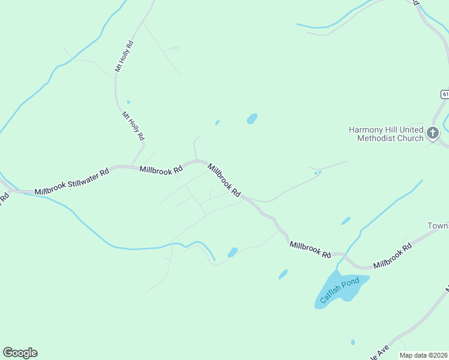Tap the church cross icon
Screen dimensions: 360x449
(433, 131)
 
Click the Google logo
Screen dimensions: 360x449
(20, 353)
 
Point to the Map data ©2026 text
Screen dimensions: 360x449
(424, 355)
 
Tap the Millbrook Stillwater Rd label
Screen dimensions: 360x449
(71, 181)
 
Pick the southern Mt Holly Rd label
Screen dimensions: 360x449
(133, 126)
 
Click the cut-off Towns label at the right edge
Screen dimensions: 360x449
(438, 226)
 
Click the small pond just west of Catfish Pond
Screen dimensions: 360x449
(283, 274)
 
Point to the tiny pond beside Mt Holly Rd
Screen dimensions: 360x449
(128, 102)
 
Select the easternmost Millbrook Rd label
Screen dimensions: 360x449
(392, 256)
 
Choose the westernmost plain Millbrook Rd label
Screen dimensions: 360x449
(161, 170)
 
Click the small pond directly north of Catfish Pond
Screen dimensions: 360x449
(346, 221)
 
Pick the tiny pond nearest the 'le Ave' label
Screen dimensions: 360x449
(352, 343)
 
